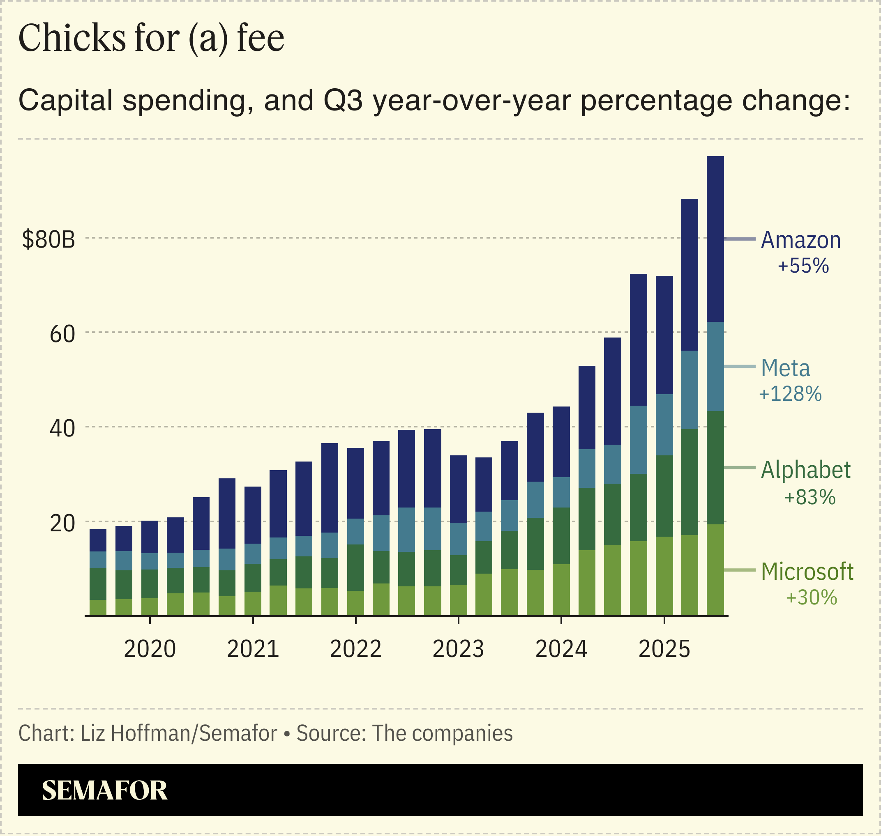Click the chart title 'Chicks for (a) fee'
point(151,38)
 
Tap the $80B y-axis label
point(48,240)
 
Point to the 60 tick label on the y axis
point(62,334)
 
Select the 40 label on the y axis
point(62,429)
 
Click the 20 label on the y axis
point(62,524)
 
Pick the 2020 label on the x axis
point(150,649)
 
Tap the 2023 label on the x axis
point(458,649)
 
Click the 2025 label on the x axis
point(664,649)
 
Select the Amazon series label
point(801,241)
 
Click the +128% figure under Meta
point(790,394)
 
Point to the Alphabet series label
point(806,471)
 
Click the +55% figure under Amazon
point(803,266)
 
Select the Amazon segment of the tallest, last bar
point(715,239)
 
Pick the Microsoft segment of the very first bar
point(98,607)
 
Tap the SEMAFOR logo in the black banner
point(104,790)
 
